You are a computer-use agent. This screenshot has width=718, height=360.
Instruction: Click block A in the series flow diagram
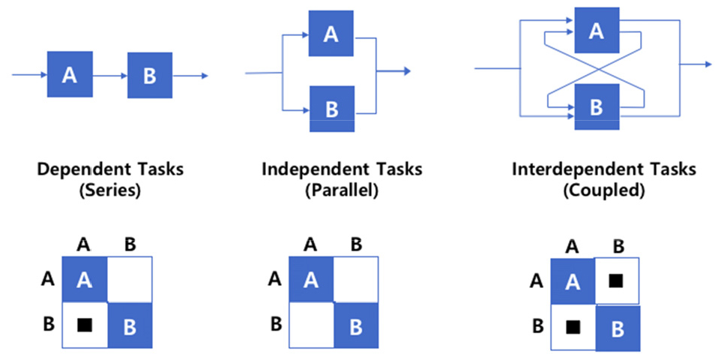coord(70,74)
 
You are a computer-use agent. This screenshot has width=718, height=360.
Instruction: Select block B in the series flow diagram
coord(150,75)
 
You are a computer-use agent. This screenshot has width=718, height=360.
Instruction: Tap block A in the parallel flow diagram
coord(331,33)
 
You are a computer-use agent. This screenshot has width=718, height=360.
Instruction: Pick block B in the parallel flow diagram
coord(331,109)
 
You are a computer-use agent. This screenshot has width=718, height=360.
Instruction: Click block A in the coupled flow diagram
coord(596,31)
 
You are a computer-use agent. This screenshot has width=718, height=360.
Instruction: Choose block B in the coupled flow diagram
coord(596,106)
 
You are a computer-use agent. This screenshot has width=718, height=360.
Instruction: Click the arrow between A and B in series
coord(109,75)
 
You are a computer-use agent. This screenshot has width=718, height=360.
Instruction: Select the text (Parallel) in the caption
coord(341,190)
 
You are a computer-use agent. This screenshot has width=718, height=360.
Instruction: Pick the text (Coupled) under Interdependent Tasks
coord(603,190)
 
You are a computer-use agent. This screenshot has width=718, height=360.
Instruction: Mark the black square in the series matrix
coord(84,325)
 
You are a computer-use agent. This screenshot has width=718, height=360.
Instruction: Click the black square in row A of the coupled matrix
coord(615,280)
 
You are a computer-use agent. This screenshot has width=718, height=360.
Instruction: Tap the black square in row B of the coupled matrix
coord(573,327)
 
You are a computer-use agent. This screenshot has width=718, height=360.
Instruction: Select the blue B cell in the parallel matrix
coord(357,325)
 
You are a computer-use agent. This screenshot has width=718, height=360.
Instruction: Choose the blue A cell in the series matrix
coord(84,280)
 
